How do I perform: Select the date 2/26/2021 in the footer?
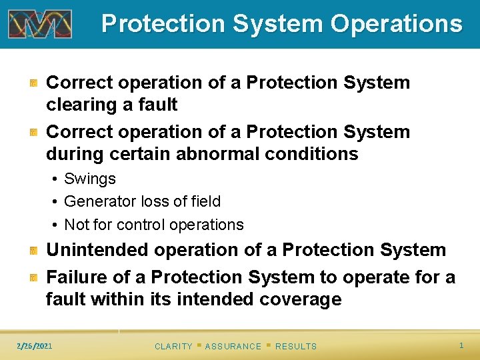tap(35, 345)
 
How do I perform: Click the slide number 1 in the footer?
tap(461, 345)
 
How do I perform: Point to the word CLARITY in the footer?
tap(173, 346)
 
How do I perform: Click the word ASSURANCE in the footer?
tap(233, 346)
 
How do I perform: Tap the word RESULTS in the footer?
tap(296, 346)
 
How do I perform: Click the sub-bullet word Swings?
tap(90, 179)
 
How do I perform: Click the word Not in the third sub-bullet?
tap(75, 225)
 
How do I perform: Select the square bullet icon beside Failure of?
tap(33, 277)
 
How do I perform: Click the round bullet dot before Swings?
tap(54, 179)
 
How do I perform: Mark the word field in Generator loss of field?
tap(205, 201)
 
